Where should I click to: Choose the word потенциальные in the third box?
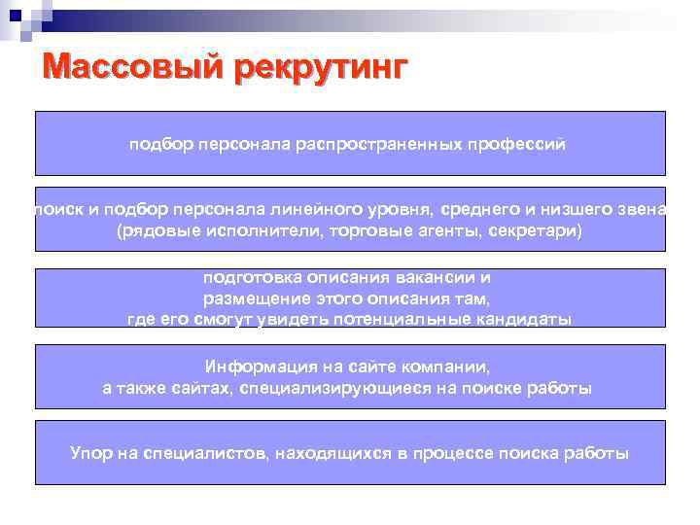click(x=414, y=319)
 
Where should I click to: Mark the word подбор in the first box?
click(x=162, y=145)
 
